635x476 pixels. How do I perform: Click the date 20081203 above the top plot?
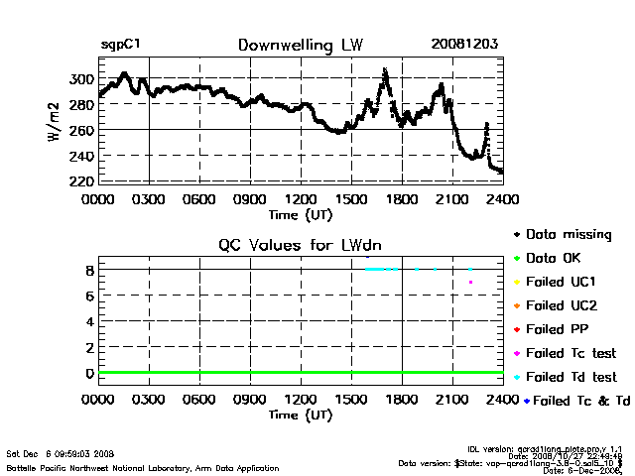pyautogui.click(x=464, y=45)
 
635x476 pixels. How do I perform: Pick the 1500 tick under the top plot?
pyautogui.click(x=351, y=198)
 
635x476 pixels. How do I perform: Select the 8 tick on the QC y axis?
pyautogui.click(x=89, y=270)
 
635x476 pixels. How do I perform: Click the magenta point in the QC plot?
pyautogui.click(x=470, y=283)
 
